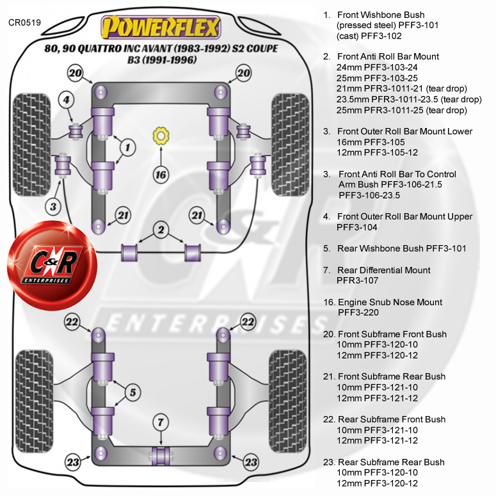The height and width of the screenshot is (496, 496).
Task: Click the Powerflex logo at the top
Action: [x=160, y=28]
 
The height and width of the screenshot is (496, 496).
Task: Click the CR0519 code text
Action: [x=25, y=22]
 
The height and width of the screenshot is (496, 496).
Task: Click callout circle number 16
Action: [x=160, y=173]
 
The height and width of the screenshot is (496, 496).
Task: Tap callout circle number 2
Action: [x=160, y=229]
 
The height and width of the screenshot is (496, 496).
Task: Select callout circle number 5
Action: [x=132, y=392]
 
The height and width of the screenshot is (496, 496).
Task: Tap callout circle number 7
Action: [x=160, y=422]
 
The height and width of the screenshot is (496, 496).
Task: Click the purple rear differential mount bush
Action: [x=160, y=455]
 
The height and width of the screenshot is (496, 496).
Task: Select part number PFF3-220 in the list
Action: [x=358, y=312]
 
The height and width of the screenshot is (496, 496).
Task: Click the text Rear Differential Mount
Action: [x=383, y=270]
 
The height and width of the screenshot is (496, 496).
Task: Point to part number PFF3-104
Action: [x=357, y=227]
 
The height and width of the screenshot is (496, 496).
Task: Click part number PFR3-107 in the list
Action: [x=358, y=280]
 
